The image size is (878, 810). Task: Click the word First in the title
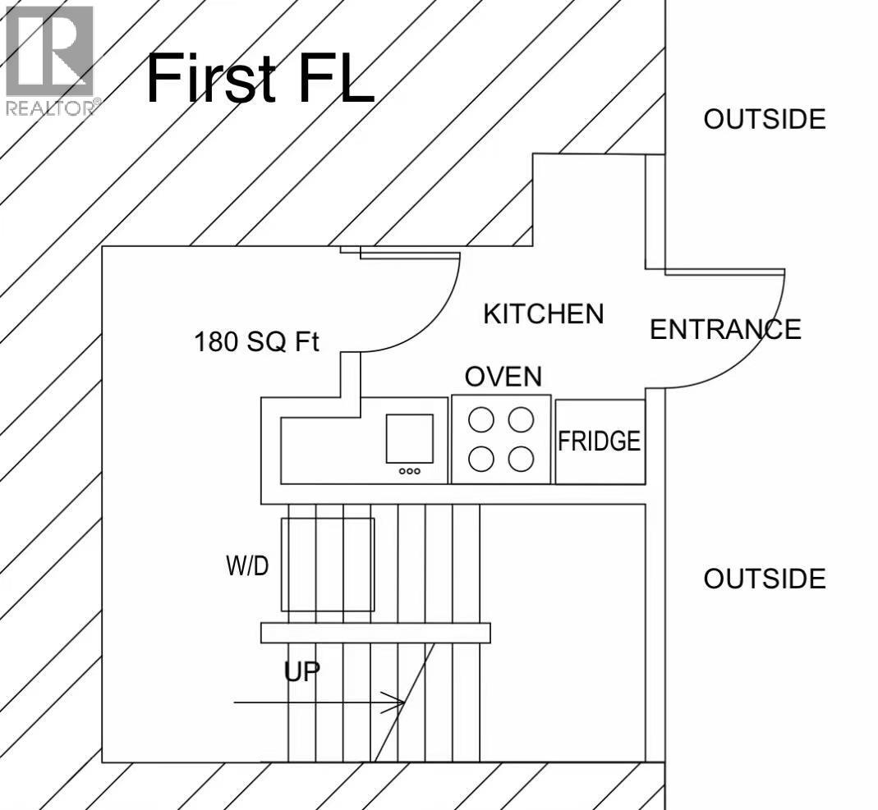click(211, 78)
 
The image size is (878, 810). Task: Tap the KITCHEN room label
click(544, 313)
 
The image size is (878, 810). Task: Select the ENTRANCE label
click(726, 329)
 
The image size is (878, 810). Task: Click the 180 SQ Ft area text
click(256, 341)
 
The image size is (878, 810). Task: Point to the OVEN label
click(503, 377)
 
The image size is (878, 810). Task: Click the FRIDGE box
click(600, 442)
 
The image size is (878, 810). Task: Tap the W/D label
click(247, 566)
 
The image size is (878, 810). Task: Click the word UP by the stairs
click(301, 672)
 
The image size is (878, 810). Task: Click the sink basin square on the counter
click(409, 439)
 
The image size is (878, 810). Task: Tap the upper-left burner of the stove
click(481, 419)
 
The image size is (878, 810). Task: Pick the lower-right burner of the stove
click(521, 460)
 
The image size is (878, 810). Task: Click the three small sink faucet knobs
click(409, 471)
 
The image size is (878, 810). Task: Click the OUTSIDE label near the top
click(765, 119)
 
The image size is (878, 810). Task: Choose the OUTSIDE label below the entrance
click(765, 579)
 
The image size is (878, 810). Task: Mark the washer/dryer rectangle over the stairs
click(328, 565)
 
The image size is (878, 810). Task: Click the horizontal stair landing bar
click(375, 633)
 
